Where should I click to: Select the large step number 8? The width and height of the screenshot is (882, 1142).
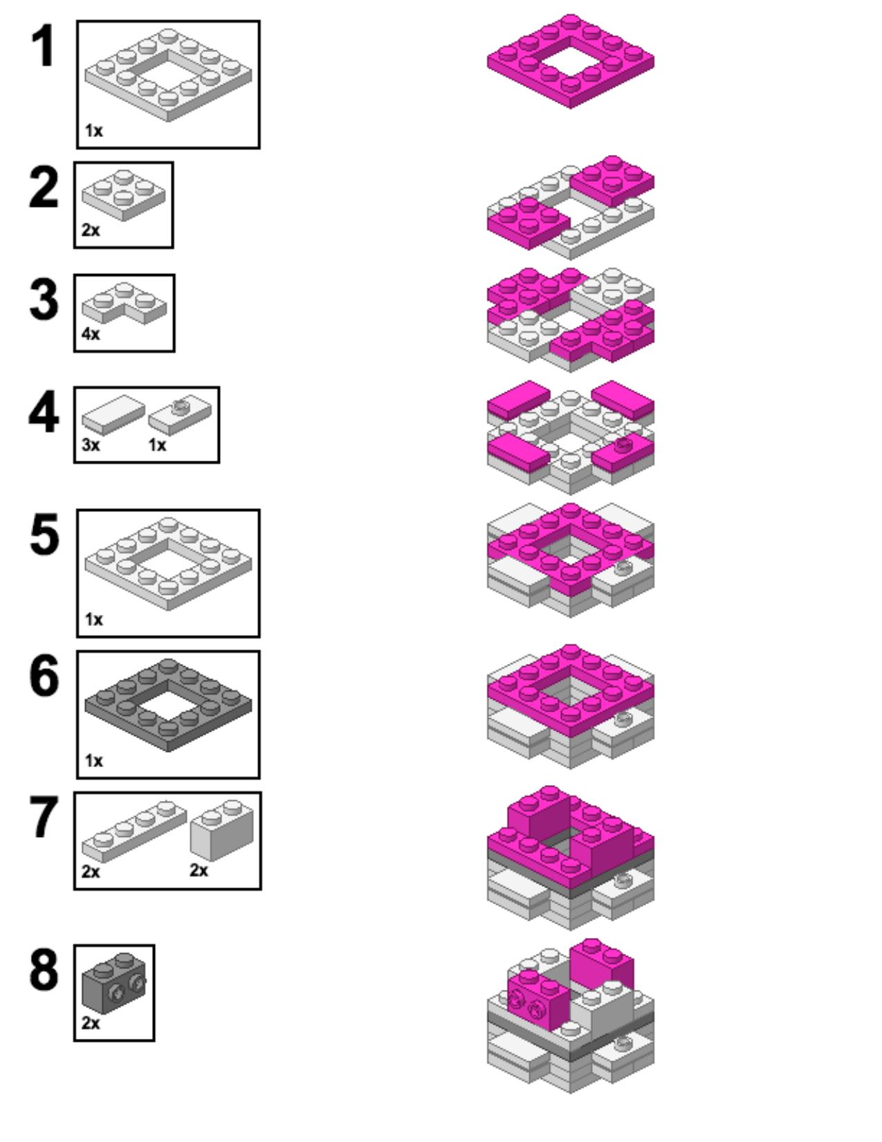(x=44, y=970)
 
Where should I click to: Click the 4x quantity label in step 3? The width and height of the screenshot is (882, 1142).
(x=91, y=333)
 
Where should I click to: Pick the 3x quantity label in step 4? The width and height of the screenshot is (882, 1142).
(x=91, y=445)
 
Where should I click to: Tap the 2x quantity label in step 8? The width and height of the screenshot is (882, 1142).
(x=91, y=1023)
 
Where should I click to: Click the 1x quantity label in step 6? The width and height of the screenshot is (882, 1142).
(x=94, y=760)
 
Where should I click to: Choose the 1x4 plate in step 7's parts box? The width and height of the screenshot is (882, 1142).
(x=135, y=832)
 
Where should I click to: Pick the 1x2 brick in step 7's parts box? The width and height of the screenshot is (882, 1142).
(x=222, y=831)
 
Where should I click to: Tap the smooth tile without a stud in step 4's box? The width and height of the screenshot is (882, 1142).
(x=113, y=415)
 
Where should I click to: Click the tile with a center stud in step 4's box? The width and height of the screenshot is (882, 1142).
(x=181, y=415)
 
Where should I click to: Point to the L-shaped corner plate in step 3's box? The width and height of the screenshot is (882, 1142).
(x=125, y=304)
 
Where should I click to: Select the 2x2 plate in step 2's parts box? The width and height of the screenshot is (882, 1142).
(x=124, y=196)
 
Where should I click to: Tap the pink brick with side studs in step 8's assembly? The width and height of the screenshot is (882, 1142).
(x=539, y=1001)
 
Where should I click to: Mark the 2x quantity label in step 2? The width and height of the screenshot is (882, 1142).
(x=91, y=230)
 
